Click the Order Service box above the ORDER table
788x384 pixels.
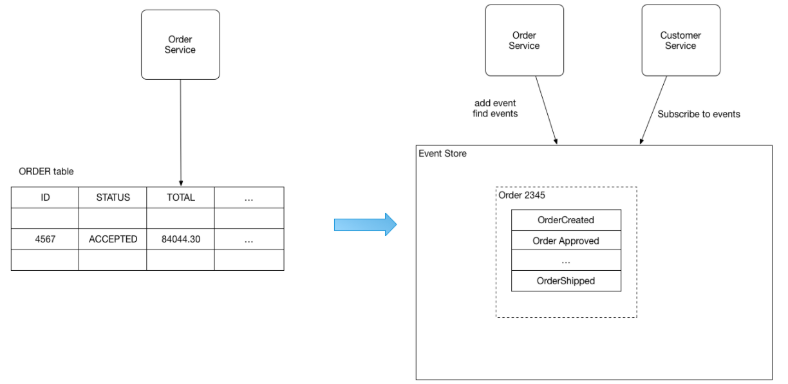(180, 44)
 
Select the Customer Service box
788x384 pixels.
(680, 41)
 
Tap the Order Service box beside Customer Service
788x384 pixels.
(525, 41)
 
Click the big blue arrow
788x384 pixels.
(365, 224)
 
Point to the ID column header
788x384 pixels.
(45, 197)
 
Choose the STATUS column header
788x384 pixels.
(113, 197)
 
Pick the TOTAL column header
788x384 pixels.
(180, 197)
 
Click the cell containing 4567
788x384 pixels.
(45, 239)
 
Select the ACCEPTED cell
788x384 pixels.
(113, 239)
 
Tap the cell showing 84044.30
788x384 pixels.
(180, 239)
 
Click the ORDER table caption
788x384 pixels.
(46, 172)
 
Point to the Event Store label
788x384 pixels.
(442, 154)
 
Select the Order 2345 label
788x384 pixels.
(521, 195)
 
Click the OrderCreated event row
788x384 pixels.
(566, 220)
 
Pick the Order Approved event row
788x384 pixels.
(566, 241)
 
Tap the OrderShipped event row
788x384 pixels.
(566, 281)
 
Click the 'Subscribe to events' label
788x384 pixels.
(699, 114)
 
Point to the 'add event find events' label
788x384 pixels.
(495, 109)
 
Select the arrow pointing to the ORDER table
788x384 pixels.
(181, 133)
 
